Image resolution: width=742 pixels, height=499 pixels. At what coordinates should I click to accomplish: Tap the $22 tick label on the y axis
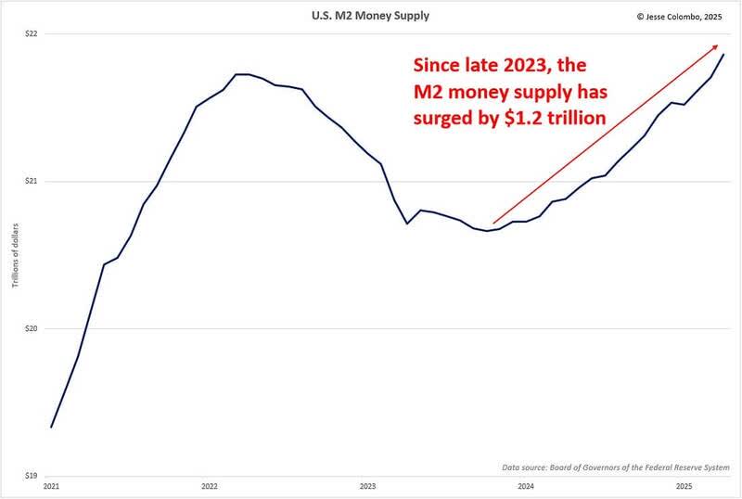pyautogui.click(x=32, y=34)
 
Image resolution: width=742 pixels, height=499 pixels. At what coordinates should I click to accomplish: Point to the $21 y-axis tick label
pyautogui.click(x=32, y=181)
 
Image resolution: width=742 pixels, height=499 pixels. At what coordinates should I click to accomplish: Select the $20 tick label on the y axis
pyautogui.click(x=32, y=328)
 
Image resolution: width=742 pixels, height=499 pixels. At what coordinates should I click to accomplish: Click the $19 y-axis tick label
pyautogui.click(x=32, y=475)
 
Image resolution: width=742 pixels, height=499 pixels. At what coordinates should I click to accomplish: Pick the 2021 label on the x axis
pyautogui.click(x=51, y=486)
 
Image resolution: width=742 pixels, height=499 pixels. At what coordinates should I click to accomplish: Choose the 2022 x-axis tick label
pyautogui.click(x=209, y=486)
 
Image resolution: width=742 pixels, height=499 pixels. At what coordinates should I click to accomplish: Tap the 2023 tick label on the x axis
pyautogui.click(x=367, y=486)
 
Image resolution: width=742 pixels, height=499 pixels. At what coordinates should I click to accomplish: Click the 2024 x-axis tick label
pyautogui.click(x=525, y=486)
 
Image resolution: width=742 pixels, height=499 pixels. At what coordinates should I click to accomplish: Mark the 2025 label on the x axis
pyautogui.click(x=684, y=486)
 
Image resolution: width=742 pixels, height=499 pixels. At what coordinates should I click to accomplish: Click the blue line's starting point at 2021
pyautogui.click(x=51, y=428)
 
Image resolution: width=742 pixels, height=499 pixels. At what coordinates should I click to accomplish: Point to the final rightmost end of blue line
pyautogui.click(x=723, y=55)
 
